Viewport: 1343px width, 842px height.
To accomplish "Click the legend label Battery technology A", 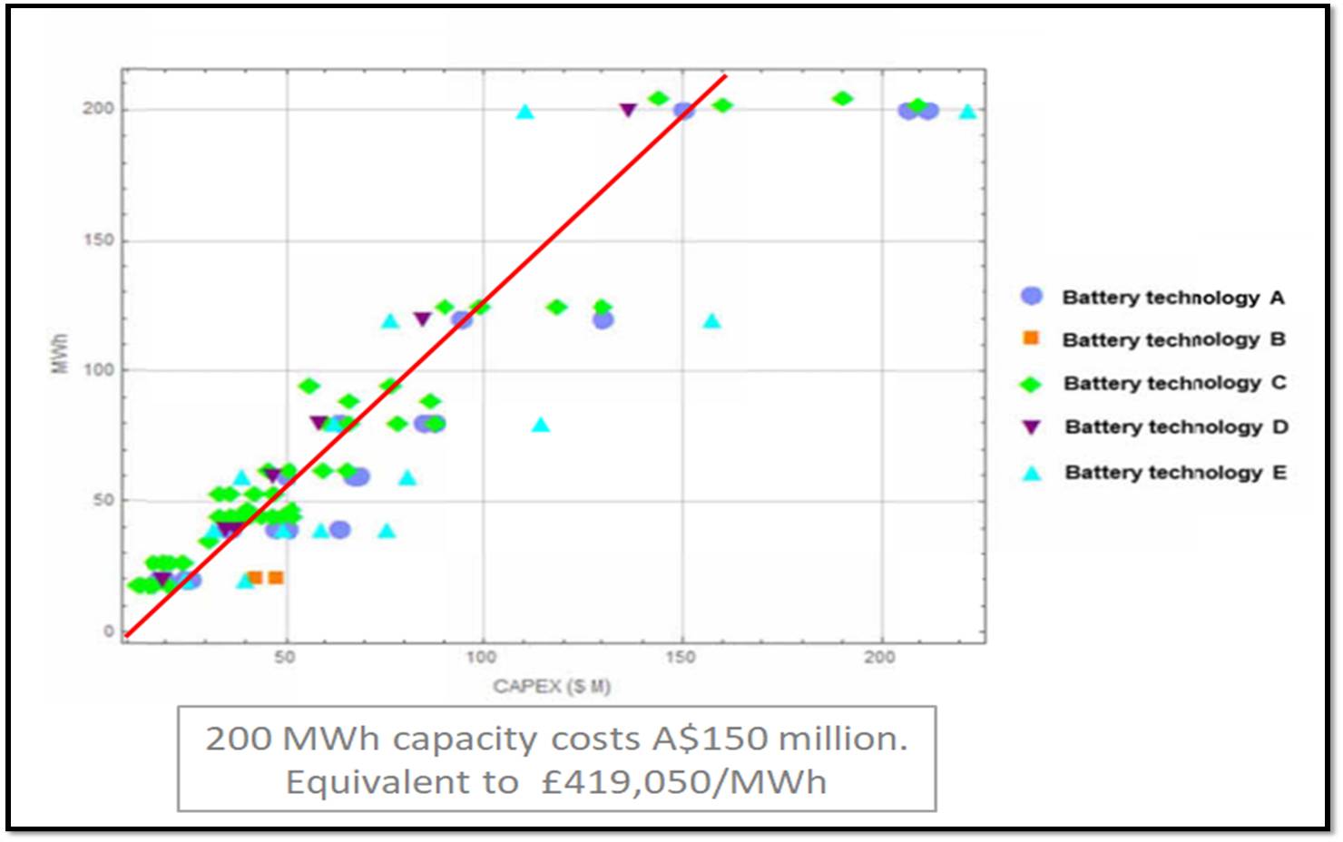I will pyautogui.click(x=1172, y=298).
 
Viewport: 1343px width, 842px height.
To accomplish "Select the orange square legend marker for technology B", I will pyautogui.click(x=1031, y=338).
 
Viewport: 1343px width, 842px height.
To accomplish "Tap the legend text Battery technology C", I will pyautogui.click(x=1174, y=383).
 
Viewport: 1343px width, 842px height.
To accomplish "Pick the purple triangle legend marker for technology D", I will pyautogui.click(x=1032, y=426).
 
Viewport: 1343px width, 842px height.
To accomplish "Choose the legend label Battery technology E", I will pyautogui.click(x=1175, y=472).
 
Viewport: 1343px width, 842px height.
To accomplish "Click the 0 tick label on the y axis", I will pyautogui.click(x=109, y=631).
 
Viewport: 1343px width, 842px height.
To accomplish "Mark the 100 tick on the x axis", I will pyautogui.click(x=481, y=657).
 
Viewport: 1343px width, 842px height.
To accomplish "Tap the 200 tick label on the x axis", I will pyautogui.click(x=879, y=657).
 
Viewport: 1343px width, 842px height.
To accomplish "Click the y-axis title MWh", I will pyautogui.click(x=60, y=354).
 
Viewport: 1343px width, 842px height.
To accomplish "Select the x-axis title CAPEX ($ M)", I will pyautogui.click(x=552, y=686).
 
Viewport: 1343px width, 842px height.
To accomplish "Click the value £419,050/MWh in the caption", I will pyautogui.click(x=683, y=782).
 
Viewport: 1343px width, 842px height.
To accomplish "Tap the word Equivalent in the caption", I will pyautogui.click(x=402, y=782).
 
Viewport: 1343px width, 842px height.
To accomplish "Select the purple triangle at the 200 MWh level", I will pyautogui.click(x=628, y=111).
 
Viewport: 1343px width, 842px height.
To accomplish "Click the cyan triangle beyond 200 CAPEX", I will pyautogui.click(x=968, y=112).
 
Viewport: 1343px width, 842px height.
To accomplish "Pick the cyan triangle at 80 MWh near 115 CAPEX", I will pyautogui.click(x=541, y=425).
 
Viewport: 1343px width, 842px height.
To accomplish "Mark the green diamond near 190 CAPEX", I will pyautogui.click(x=842, y=98).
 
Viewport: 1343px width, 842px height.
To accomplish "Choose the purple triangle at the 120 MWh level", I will pyautogui.click(x=422, y=318).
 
